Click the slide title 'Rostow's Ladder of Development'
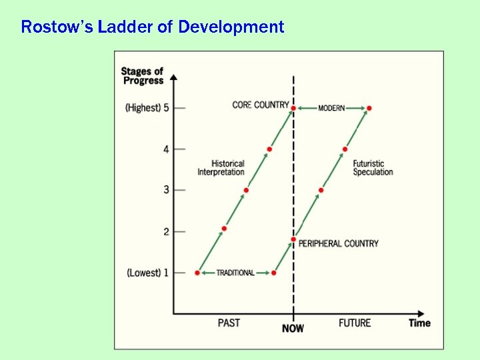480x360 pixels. pos(152,27)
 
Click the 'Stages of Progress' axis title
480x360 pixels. pos(142,76)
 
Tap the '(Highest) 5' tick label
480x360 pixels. pos(147,108)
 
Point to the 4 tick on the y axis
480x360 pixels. pos(166,149)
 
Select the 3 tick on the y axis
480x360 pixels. pos(166,191)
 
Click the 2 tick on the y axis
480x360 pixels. pos(166,231)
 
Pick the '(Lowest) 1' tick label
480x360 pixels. pos(147,273)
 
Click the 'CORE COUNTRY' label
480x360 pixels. pos(261,105)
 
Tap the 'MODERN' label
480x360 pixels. pos(331,108)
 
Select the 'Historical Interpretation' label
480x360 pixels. pos(221,167)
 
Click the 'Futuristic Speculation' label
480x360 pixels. pos(373,167)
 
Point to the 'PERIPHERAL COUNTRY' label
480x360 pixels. pos(338,243)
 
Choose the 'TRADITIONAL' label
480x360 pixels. pos(235,273)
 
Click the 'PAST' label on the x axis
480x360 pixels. pos(229,323)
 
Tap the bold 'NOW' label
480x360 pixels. pos(293,328)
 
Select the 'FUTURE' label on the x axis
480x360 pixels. pos(354,323)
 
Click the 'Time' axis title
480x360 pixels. pos(419,323)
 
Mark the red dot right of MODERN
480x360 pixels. pos(369,108)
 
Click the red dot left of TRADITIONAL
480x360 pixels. pos(197,273)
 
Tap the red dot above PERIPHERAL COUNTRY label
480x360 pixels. pos(293,239)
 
